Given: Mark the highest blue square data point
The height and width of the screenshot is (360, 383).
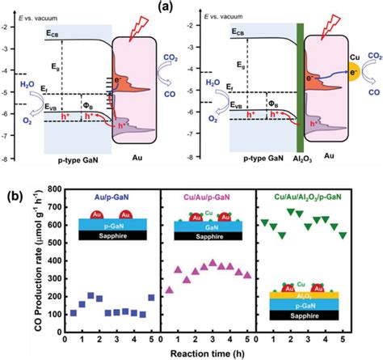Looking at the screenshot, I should [x=90, y=296].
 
